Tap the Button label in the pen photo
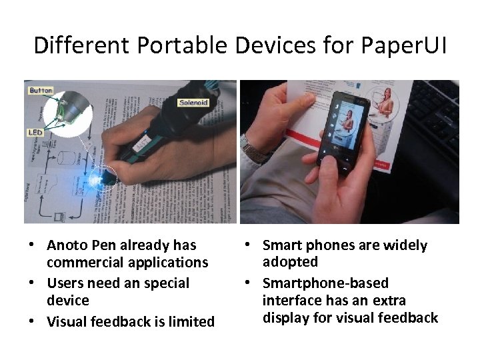[41, 90]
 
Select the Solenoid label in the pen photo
[193, 103]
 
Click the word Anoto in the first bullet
[69, 245]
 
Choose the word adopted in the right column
[290, 262]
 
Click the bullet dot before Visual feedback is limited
[33, 322]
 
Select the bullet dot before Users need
[33, 283]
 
